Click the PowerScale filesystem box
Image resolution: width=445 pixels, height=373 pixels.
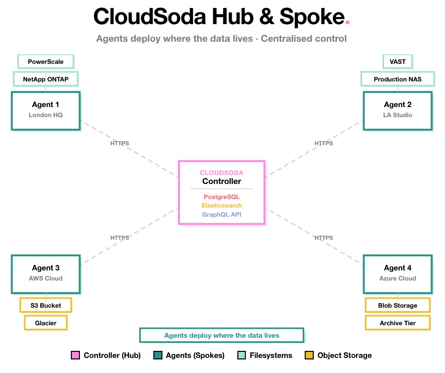click(x=46, y=61)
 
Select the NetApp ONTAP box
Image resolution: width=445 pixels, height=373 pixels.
click(x=46, y=79)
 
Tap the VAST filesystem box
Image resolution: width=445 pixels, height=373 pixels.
click(x=398, y=61)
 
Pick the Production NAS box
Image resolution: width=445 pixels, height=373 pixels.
click(x=398, y=79)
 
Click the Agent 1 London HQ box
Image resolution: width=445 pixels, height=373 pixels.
click(x=46, y=110)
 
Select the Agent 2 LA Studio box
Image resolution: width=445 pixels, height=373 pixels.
click(x=398, y=110)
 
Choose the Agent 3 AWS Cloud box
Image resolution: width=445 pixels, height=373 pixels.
click(x=46, y=273)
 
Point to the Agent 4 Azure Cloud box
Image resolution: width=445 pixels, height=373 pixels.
click(x=398, y=273)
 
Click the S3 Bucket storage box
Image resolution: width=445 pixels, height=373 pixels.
click(x=46, y=305)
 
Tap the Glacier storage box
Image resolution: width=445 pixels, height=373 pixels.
click(x=46, y=323)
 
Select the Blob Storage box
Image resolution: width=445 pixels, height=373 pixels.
click(x=398, y=305)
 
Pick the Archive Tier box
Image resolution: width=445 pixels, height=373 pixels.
click(x=398, y=323)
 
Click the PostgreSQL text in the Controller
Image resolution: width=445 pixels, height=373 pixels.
click(x=222, y=197)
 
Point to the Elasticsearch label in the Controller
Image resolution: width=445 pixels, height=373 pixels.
click(x=222, y=206)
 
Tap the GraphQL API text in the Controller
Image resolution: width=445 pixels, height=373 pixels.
click(x=222, y=215)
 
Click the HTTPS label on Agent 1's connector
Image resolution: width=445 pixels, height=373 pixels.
click(x=120, y=143)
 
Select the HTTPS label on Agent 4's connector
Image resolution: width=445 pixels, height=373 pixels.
click(x=324, y=238)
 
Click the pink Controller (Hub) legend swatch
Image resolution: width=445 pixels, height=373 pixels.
click(x=75, y=355)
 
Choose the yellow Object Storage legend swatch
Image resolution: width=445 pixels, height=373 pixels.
click(x=309, y=355)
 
